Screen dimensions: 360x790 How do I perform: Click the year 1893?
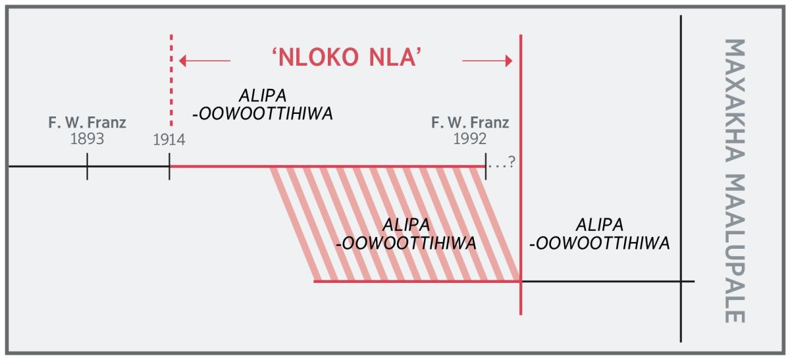pyautogui.click(x=87, y=139)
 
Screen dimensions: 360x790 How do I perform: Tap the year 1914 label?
pyautogui.click(x=169, y=140)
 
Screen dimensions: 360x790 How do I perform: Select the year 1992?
pyautogui.click(x=469, y=139)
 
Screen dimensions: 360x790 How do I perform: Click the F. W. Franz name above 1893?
pyautogui.click(x=87, y=123)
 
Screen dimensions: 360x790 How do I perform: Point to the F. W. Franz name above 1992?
pyautogui.click(x=470, y=123)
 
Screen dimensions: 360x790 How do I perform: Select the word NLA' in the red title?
pyautogui.click(x=398, y=59)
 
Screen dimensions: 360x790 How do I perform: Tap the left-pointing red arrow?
pyautogui.click(x=204, y=61)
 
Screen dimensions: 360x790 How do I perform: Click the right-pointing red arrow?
pyautogui.click(x=488, y=61)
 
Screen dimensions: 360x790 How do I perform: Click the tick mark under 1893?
pyautogui.click(x=87, y=167)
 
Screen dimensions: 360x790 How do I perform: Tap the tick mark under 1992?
pyautogui.click(x=485, y=167)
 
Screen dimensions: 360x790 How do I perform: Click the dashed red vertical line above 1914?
pyautogui.click(x=171, y=79)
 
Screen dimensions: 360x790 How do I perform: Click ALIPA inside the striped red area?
pyautogui.click(x=406, y=224)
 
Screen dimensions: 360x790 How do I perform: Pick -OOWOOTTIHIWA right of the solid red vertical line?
pyautogui.click(x=599, y=243)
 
